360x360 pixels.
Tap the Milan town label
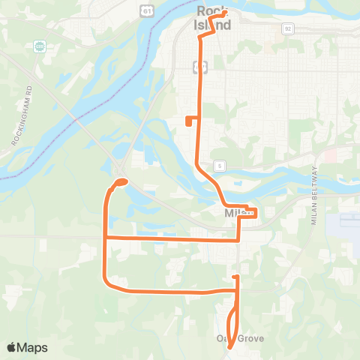pos(236,214)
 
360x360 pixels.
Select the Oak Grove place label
pos(235,339)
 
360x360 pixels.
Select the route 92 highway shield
pos(288,28)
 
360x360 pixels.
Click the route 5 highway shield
pos(219,165)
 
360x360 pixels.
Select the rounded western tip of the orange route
pos(120,181)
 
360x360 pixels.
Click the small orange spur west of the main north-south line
pos(189,121)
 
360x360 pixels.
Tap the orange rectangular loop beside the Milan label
pos(251,212)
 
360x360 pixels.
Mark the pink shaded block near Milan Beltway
pos(330,154)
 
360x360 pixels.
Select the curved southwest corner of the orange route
pos(109,283)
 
